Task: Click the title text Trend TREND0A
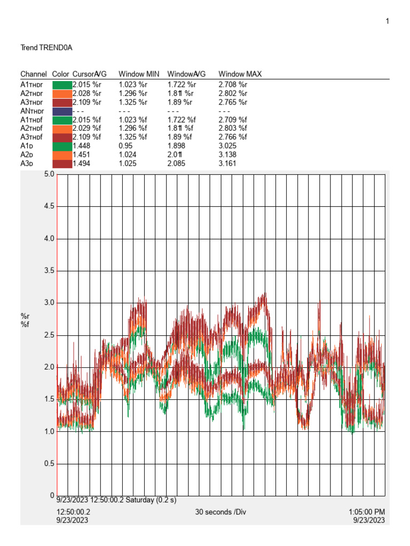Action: pos(46,47)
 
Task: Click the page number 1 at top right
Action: pos(387,21)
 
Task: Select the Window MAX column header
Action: pos(240,74)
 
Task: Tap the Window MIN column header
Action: pos(136,74)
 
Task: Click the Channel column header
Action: pos(33,74)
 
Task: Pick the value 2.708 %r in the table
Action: pos(233,84)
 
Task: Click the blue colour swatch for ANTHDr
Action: pos(62,111)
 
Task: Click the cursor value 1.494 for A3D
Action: pos(82,164)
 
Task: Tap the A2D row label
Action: pos(27,155)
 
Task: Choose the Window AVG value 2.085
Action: pos(178,164)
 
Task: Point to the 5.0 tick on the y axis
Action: pos(49,174)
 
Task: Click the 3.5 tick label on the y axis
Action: pos(49,271)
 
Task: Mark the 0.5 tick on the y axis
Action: pos(49,464)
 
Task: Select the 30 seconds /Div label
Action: pos(221,512)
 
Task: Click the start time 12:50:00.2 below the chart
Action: pos(74,512)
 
